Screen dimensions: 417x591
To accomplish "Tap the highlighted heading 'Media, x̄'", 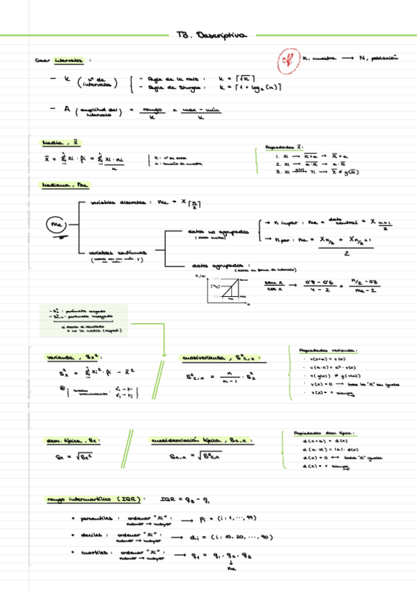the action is pos(60,143).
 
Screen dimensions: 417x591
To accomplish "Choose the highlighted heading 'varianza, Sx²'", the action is pos(69,358).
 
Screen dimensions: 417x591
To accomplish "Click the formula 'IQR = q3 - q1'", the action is pos(185,499).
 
